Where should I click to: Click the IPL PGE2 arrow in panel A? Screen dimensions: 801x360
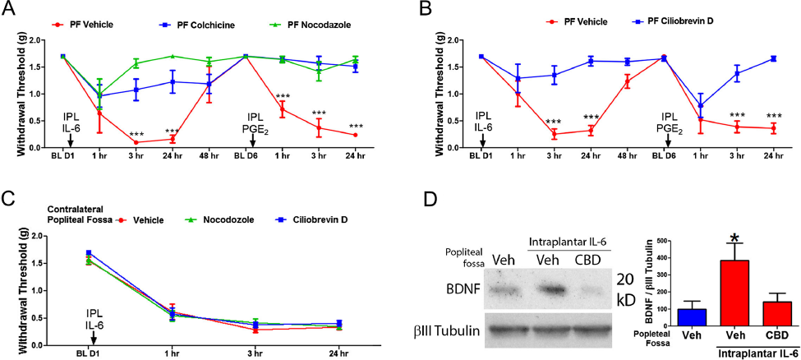coord(252,138)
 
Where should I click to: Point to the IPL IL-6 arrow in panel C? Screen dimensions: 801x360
coord(93,336)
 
